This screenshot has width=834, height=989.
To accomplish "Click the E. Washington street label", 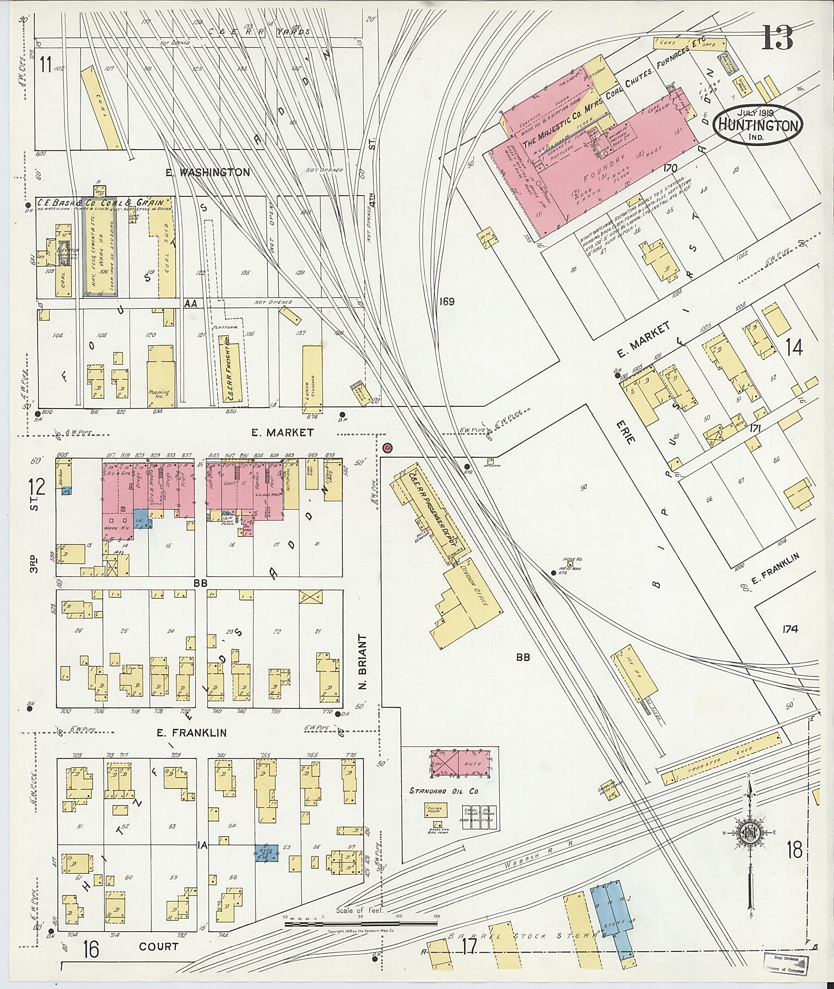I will (208, 173).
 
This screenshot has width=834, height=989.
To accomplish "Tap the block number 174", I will (790, 629).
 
